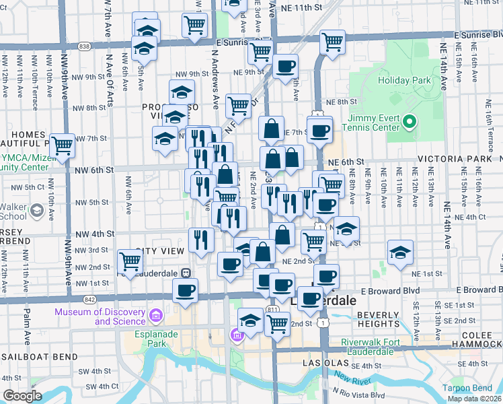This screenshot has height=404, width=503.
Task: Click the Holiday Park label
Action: click(403, 80)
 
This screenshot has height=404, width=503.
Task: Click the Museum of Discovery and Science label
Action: click(100, 316)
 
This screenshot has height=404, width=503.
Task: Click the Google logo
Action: click(22, 395)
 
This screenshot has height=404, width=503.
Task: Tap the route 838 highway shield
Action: click(83, 46)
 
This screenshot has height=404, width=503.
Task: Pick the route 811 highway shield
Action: click(272, 308)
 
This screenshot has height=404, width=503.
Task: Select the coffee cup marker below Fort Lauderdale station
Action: click(185, 291)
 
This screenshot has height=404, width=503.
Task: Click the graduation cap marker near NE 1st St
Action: click(400, 252)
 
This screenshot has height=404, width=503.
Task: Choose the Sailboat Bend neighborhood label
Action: click(33, 356)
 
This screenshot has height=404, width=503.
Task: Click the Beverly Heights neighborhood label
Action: click(379, 320)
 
